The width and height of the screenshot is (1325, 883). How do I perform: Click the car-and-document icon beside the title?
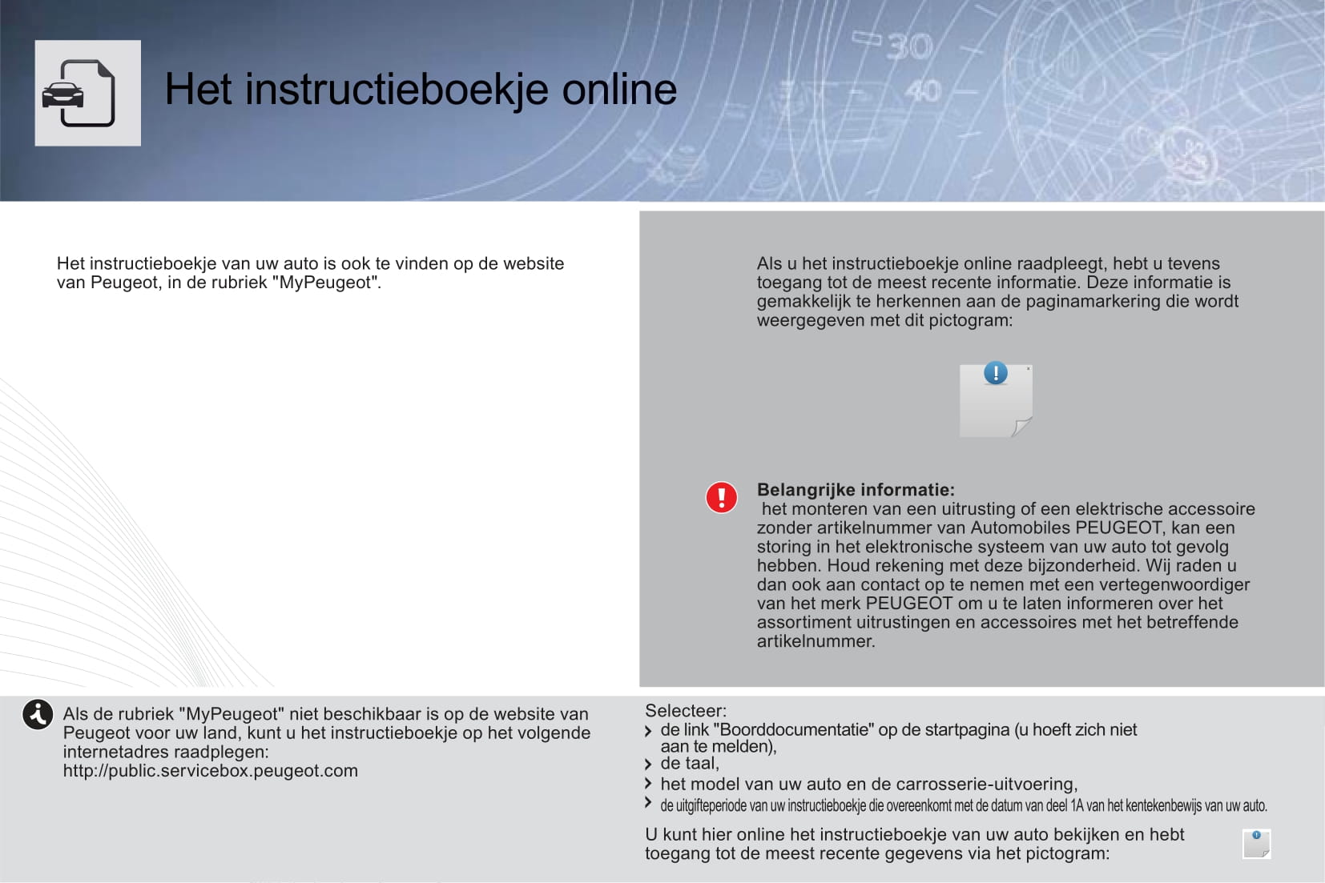click(87, 93)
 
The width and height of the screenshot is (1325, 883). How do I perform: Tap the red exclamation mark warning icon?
click(721, 497)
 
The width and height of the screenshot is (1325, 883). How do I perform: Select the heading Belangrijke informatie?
click(856, 490)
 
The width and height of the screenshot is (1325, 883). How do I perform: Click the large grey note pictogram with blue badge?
click(996, 400)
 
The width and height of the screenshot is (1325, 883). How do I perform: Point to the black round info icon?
click(38, 714)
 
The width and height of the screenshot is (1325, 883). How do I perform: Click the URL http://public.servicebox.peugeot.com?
click(211, 771)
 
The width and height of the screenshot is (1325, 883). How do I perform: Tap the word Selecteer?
click(686, 711)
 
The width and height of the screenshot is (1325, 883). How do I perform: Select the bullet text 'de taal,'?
click(690, 764)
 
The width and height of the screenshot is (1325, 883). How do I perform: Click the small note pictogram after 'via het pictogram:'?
click(1256, 844)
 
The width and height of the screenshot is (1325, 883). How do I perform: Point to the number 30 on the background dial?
click(908, 47)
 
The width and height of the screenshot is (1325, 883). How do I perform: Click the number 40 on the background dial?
click(923, 90)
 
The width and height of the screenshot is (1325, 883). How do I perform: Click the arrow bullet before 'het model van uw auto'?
click(648, 785)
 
